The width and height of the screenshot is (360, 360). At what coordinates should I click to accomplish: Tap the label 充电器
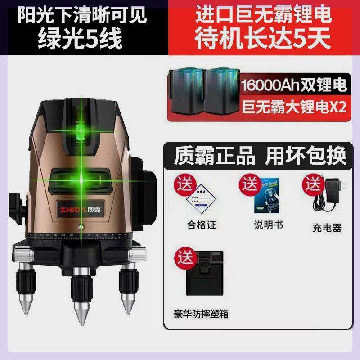(x=328, y=228)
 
